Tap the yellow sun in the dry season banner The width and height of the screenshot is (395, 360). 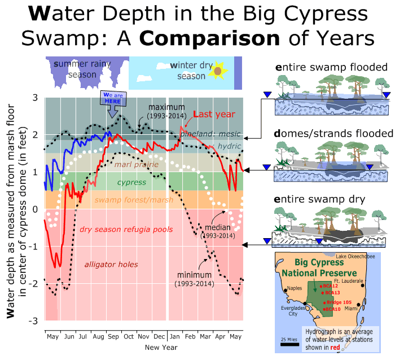point(218,71)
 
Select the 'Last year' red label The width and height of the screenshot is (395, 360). point(214,114)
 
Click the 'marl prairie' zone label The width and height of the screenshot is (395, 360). point(137,165)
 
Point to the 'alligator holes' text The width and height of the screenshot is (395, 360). point(111,265)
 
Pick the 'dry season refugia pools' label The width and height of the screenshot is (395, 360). point(126,230)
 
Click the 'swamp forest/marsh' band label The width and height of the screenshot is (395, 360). point(134,200)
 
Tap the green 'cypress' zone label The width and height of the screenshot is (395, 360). point(131,182)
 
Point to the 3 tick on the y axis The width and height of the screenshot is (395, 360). point(35,98)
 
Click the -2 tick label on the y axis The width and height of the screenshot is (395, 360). point(33,284)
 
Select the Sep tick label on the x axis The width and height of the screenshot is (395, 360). point(113,336)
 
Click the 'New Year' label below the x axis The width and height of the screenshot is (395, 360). point(161,348)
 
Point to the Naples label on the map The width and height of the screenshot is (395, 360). point(295,288)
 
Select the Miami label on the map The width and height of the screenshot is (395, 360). point(351,309)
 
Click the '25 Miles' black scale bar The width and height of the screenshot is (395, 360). point(289,344)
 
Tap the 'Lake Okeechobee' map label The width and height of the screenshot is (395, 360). point(355,257)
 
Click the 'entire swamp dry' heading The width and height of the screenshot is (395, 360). point(319,199)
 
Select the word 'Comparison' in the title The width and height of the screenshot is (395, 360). point(209,38)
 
